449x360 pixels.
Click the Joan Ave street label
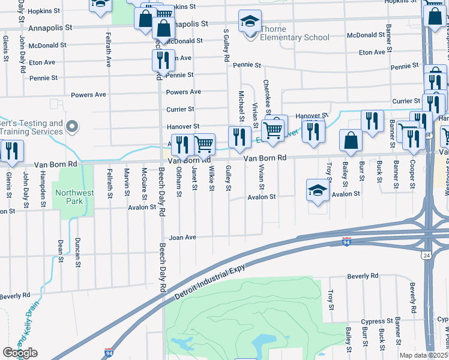click(x=182, y=237)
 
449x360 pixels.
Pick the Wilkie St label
click(x=212, y=179)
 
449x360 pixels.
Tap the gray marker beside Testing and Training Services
click(x=73, y=127)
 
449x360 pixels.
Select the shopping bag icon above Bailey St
click(x=351, y=140)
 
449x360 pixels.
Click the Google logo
click(x=20, y=353)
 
